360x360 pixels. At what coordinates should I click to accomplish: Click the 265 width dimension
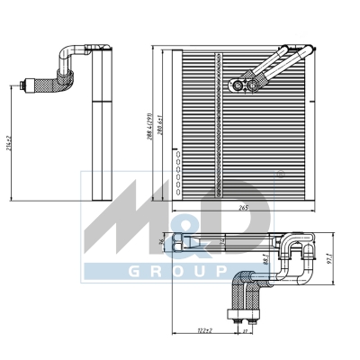point(242,208)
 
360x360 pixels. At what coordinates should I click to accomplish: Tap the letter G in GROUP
point(94,270)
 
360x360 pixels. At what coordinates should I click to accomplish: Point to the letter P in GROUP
point(217,270)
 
